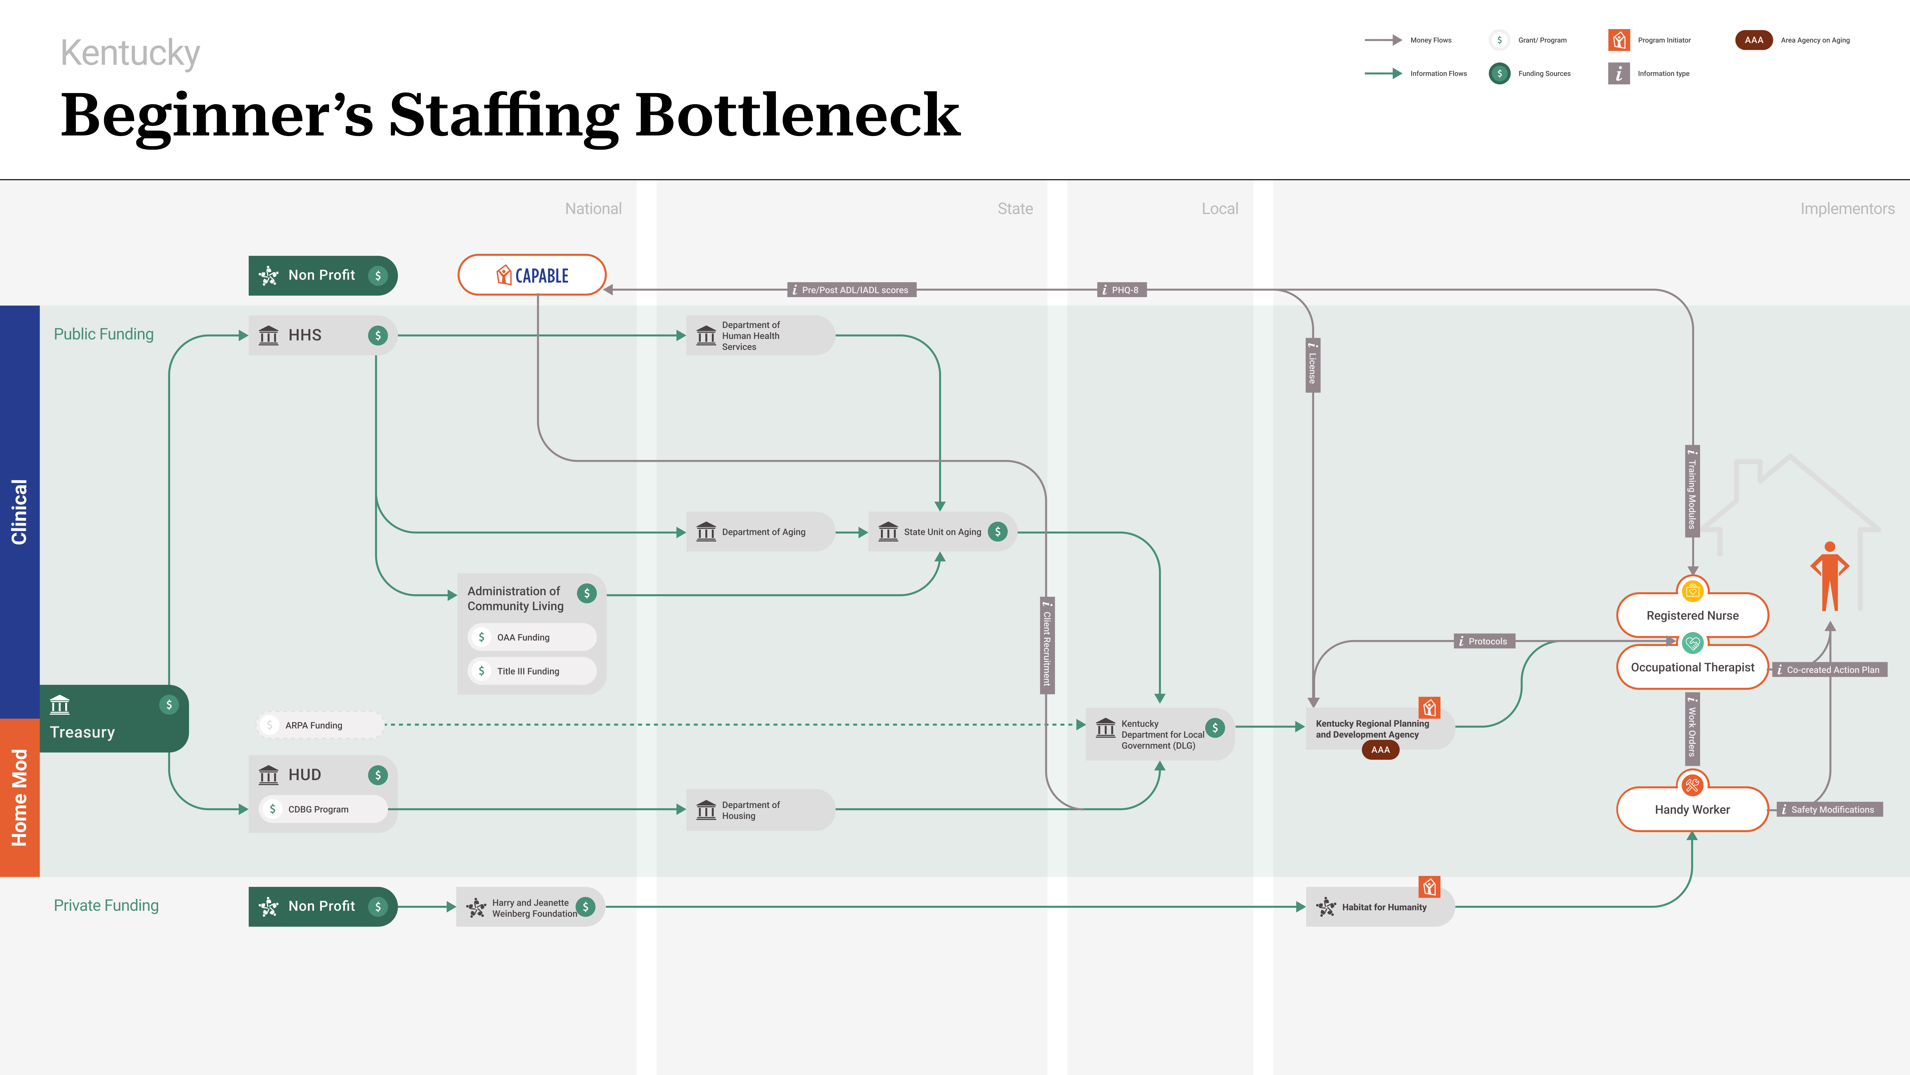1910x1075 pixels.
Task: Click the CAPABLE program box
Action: [x=532, y=275]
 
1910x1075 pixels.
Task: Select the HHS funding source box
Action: [x=323, y=335]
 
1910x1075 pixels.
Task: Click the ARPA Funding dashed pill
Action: [x=320, y=725]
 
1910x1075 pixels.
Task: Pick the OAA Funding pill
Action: [x=532, y=637]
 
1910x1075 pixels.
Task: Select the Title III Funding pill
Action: [x=532, y=671]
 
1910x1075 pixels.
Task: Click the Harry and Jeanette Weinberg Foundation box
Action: [x=530, y=907]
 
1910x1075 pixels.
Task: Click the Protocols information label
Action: [x=1484, y=641]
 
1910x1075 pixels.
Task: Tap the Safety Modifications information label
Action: [x=1829, y=809]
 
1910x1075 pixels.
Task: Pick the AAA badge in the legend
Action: [x=1754, y=40]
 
